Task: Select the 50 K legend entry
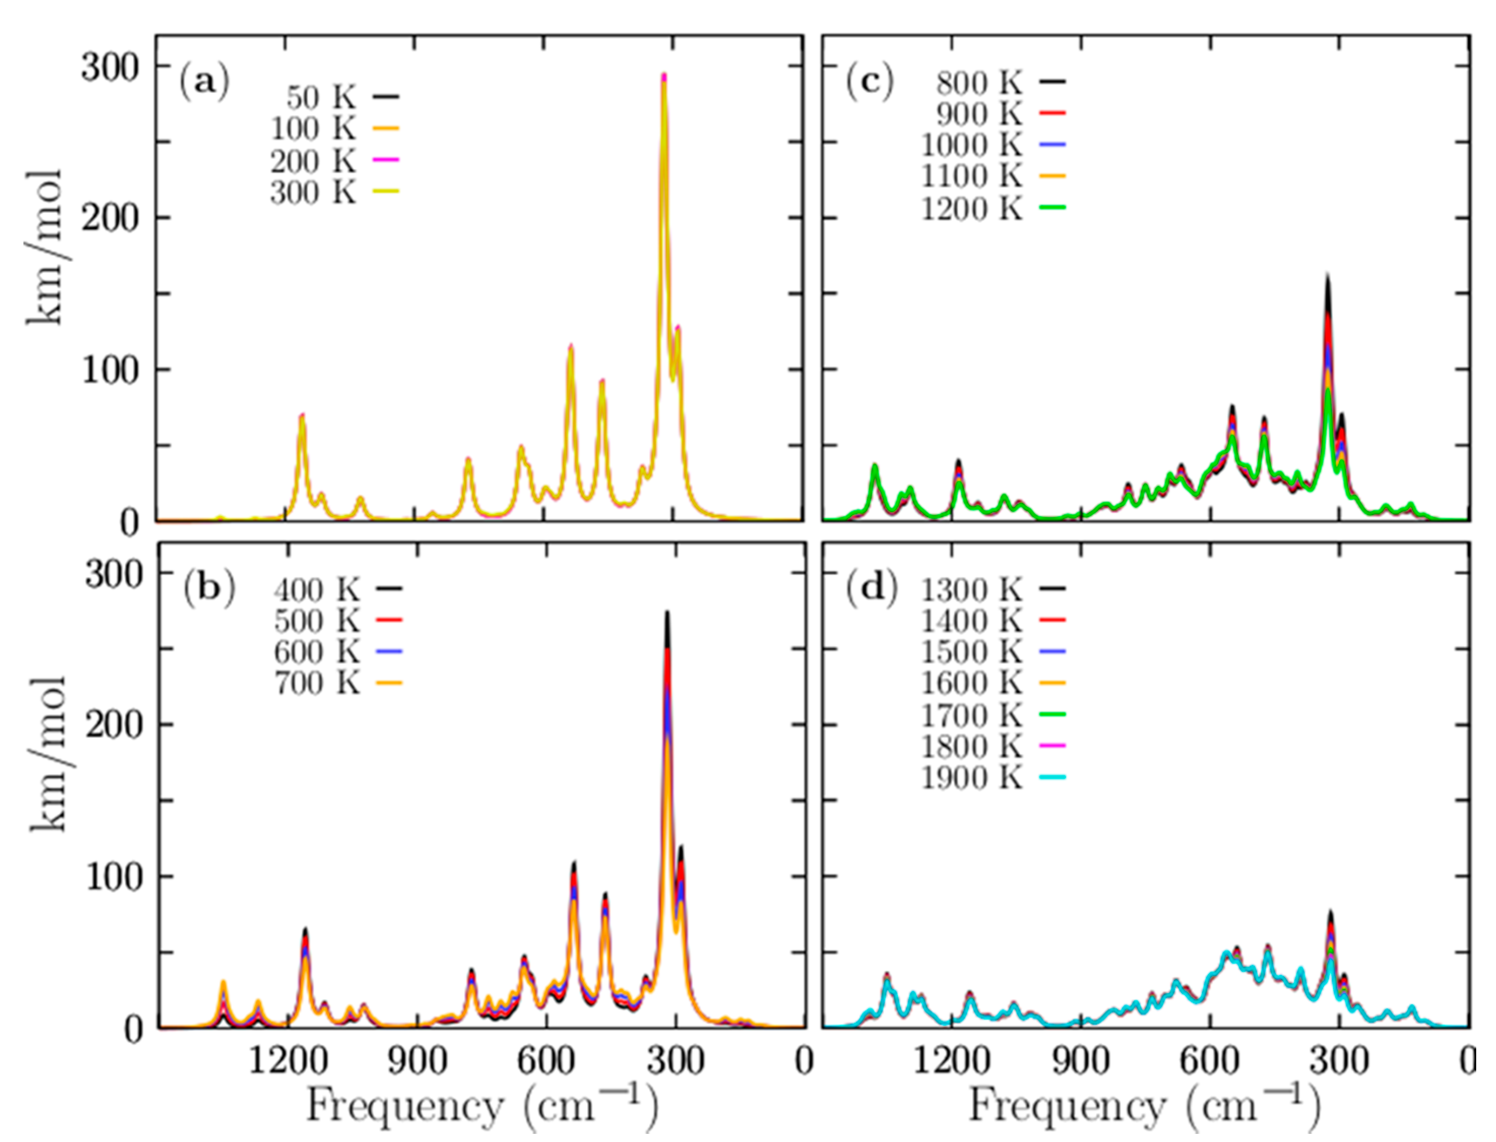pyautogui.click(x=340, y=97)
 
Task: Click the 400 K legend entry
pyautogui.click(x=336, y=589)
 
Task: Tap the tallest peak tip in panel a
pyautogui.click(x=664, y=75)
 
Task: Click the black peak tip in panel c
pyautogui.click(x=1327, y=275)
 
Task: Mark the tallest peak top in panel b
pyautogui.click(x=667, y=612)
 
